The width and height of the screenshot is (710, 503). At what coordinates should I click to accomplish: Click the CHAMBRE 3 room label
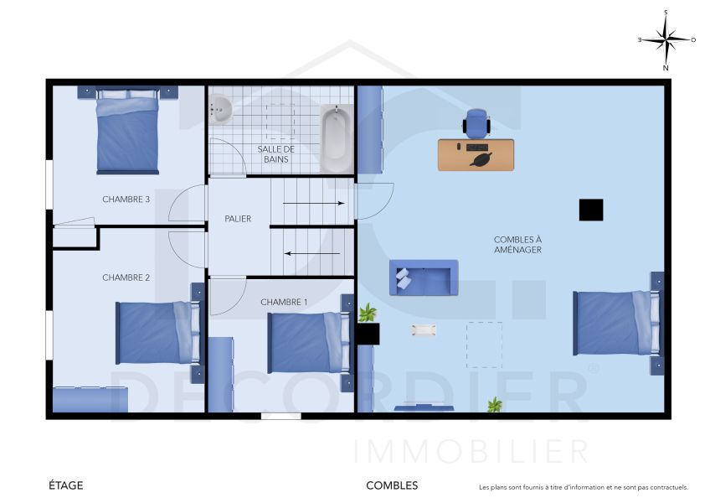pyautogui.click(x=126, y=200)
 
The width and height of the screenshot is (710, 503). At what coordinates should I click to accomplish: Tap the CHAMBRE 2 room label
pyautogui.click(x=126, y=277)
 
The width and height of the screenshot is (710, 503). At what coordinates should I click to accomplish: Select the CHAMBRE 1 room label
pyautogui.click(x=284, y=302)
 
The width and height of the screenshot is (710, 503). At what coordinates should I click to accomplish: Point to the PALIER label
pyautogui.click(x=238, y=219)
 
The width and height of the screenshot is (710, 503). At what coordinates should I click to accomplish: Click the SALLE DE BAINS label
pyautogui.click(x=275, y=153)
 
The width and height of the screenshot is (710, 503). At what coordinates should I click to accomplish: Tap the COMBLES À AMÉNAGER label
pyautogui.click(x=517, y=245)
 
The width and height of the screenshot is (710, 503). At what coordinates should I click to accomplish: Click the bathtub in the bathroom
pyautogui.click(x=336, y=136)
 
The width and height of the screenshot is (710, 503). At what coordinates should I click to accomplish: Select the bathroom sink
pyautogui.click(x=221, y=109)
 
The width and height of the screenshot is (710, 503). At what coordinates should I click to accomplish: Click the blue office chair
pyautogui.click(x=476, y=123)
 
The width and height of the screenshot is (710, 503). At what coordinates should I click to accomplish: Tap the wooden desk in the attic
pyautogui.click(x=476, y=155)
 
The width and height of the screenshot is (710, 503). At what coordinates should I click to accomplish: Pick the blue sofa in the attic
pyautogui.click(x=424, y=277)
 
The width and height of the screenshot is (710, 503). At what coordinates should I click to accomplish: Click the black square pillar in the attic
pyautogui.click(x=591, y=210)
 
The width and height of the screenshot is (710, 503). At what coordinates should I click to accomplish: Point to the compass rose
pyautogui.click(x=666, y=39)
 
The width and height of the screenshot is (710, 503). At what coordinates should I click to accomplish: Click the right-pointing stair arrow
pyautogui.click(x=313, y=203)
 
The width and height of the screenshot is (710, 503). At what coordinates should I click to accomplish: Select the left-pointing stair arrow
pyautogui.click(x=313, y=252)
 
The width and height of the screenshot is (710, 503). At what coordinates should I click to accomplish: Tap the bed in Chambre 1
pyautogui.click(x=306, y=342)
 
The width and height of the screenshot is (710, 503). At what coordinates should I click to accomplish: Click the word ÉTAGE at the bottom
pyautogui.click(x=66, y=485)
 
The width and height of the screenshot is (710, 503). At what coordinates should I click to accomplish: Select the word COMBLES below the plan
pyautogui.click(x=392, y=485)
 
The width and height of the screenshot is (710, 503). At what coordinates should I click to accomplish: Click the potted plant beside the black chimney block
pyautogui.click(x=367, y=314)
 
